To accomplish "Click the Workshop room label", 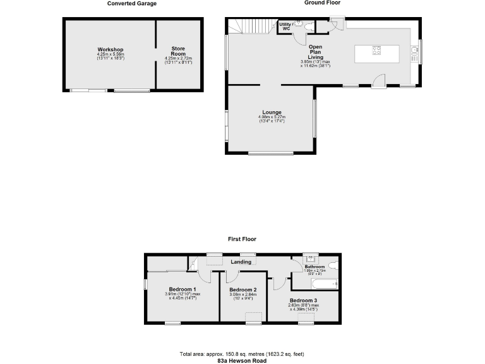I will [110, 49].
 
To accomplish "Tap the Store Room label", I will [178, 51].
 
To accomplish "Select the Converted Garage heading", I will [132, 3].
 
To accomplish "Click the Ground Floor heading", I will [323, 3].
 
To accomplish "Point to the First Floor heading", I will [242, 240].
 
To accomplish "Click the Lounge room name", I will [272, 112].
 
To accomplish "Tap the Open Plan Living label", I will [316, 52].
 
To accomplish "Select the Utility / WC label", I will [285, 26].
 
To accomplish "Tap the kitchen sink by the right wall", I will [415, 52].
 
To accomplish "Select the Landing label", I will [241, 262].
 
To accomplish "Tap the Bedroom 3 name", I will [304, 300].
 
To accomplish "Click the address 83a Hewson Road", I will [242, 360].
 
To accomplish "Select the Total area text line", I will [242, 353].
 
